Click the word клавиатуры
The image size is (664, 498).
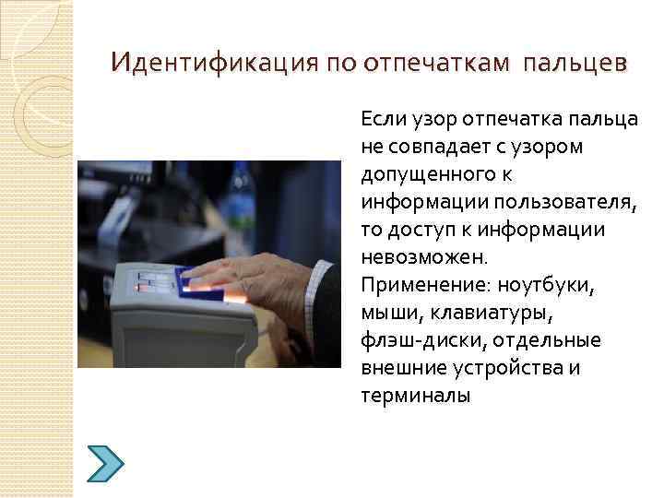503,313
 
